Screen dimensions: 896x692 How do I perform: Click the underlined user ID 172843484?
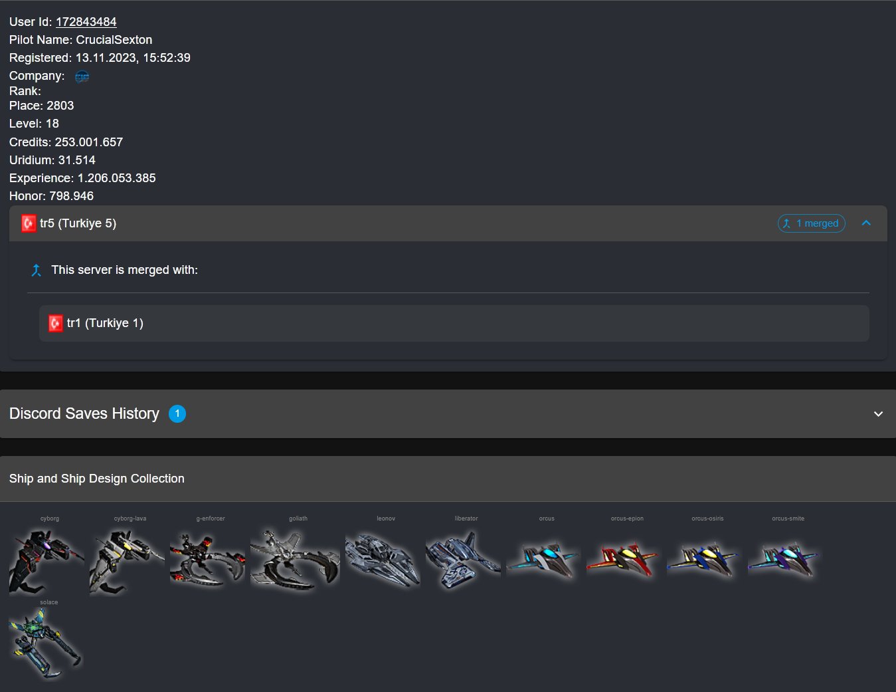click(x=86, y=22)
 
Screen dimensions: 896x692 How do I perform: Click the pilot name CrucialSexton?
click(x=114, y=40)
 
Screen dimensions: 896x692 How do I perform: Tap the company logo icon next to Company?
click(x=82, y=76)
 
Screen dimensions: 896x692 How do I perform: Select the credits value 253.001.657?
click(x=88, y=142)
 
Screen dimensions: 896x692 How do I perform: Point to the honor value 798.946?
click(x=71, y=196)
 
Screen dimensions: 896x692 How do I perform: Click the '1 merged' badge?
click(x=811, y=223)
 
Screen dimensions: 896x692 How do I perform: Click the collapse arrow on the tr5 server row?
click(x=866, y=223)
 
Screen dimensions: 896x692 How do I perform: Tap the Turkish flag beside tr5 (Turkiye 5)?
click(x=29, y=223)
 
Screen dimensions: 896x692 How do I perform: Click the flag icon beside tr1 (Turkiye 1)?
click(x=55, y=323)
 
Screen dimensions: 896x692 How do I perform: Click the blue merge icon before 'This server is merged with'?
click(x=37, y=271)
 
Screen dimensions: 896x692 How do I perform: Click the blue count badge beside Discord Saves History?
click(x=177, y=413)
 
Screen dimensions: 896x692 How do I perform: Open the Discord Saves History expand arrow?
click(x=879, y=414)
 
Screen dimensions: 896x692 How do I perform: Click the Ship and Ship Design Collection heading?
click(x=96, y=478)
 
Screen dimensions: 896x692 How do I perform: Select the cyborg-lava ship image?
click(x=127, y=562)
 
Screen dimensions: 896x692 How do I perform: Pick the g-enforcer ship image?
click(x=207, y=559)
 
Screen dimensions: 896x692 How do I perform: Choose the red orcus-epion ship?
click(x=622, y=559)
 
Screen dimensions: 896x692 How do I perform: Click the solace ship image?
click(x=45, y=643)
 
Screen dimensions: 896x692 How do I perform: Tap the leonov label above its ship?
click(x=385, y=519)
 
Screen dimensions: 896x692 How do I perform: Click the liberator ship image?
click(x=463, y=560)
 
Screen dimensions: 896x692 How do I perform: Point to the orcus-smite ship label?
click(x=788, y=519)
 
